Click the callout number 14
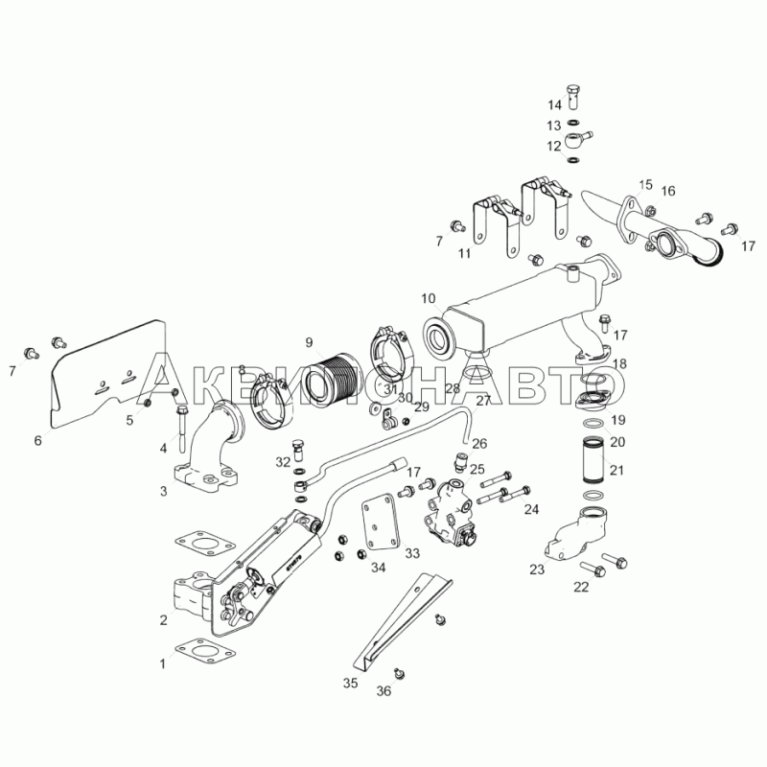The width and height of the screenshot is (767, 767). [x=555, y=105]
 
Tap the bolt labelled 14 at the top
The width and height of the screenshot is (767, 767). [x=573, y=94]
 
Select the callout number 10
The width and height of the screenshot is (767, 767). [x=428, y=298]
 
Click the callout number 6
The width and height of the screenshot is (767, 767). [x=37, y=440]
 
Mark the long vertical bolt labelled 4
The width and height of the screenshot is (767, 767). [x=180, y=428]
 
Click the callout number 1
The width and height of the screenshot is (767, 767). [x=163, y=662]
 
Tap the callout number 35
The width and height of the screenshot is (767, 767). [x=350, y=684]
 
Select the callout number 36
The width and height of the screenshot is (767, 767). [x=383, y=690]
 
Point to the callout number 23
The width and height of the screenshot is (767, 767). [x=537, y=569]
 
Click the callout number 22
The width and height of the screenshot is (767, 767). [x=581, y=587]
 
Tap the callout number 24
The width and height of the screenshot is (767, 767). [x=531, y=508]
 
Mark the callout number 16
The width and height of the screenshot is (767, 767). [x=667, y=191]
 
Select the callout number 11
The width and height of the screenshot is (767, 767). [x=464, y=254]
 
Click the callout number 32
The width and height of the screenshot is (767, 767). [x=283, y=462]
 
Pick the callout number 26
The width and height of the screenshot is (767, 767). [x=479, y=443]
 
